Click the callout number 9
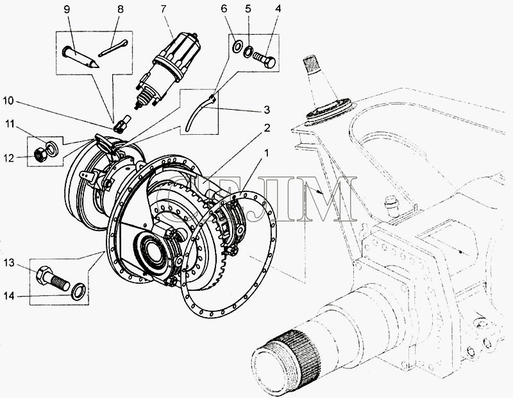(x=67, y=9)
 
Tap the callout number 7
(x=164, y=9)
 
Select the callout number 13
(x=10, y=263)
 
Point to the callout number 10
(x=8, y=101)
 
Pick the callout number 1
(x=267, y=153)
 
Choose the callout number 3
(x=267, y=110)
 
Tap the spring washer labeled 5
(x=248, y=52)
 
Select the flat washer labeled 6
(x=237, y=46)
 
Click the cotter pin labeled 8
(x=113, y=48)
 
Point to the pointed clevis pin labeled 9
(x=80, y=57)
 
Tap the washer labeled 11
(x=53, y=148)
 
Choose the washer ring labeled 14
(x=78, y=291)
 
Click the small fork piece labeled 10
(x=122, y=124)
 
